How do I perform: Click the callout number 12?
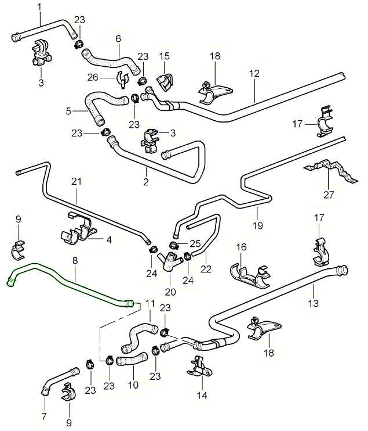[x=253, y=74]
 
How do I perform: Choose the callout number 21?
[x=76, y=181]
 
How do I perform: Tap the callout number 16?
[x=241, y=247]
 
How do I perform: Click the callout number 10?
[x=133, y=384]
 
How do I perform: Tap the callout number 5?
[x=68, y=110]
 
